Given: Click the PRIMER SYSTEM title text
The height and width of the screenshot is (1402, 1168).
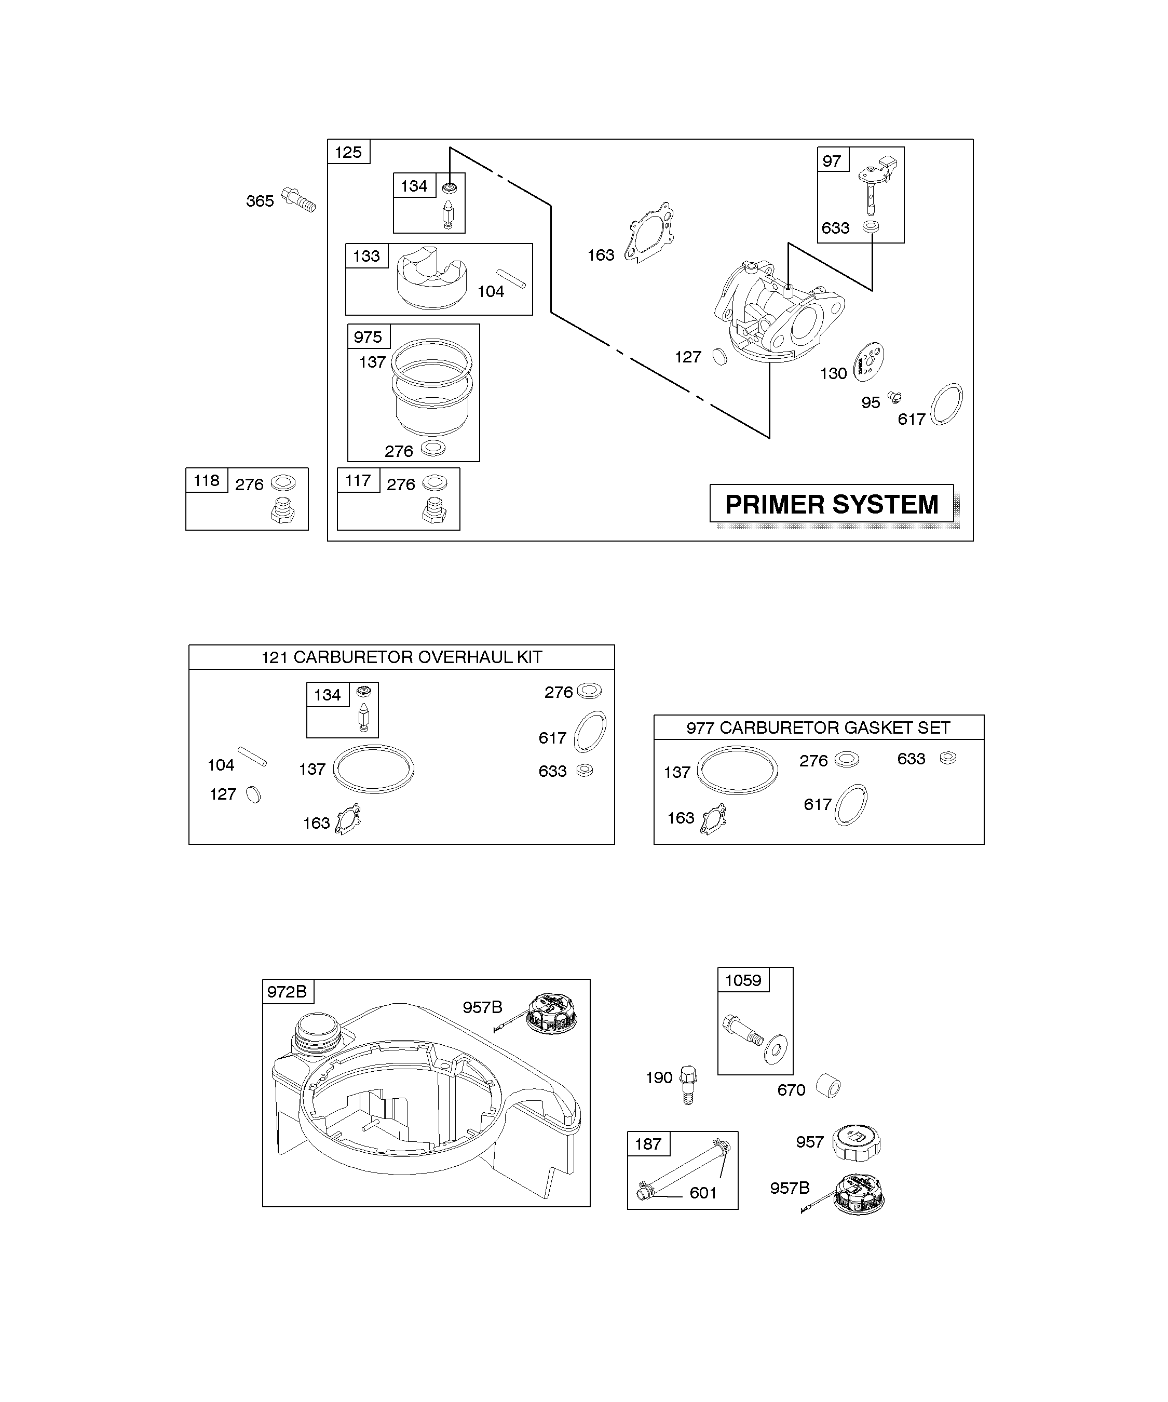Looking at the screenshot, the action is tap(831, 505).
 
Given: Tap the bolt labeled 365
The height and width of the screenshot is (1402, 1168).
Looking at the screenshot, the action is tap(298, 199).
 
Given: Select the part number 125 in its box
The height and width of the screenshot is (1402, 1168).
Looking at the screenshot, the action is tap(348, 152).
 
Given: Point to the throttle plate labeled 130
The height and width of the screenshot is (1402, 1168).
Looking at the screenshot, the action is tap(869, 361).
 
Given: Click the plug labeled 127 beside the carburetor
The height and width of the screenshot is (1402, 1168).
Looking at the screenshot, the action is tap(720, 357).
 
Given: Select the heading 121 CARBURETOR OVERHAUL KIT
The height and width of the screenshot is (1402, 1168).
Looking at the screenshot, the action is tap(401, 657).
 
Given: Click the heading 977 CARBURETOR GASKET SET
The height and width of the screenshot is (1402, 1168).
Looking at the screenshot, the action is tap(818, 727).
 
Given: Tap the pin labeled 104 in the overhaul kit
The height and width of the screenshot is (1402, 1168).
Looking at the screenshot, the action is tap(252, 757).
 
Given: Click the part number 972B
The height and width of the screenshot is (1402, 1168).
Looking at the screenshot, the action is tap(287, 992).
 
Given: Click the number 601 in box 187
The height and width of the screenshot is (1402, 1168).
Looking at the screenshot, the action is tap(703, 1193).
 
